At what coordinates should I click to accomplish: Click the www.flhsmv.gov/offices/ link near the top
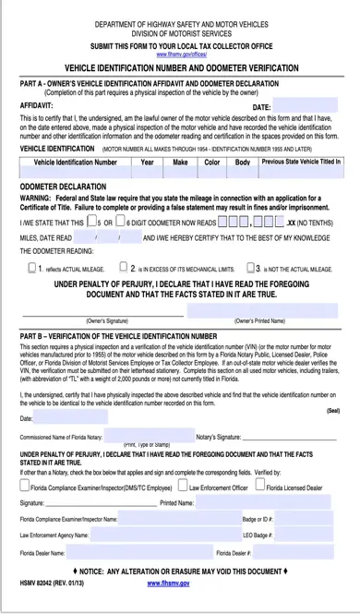pyautogui.click(x=179, y=54)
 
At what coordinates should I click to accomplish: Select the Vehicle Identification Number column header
pyautogui.click(x=75, y=162)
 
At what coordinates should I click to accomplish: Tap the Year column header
pyautogui.click(x=147, y=162)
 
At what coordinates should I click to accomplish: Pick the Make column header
pyautogui.click(x=180, y=162)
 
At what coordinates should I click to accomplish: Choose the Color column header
pyautogui.click(x=211, y=162)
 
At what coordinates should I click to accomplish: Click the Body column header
pyautogui.click(x=243, y=162)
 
